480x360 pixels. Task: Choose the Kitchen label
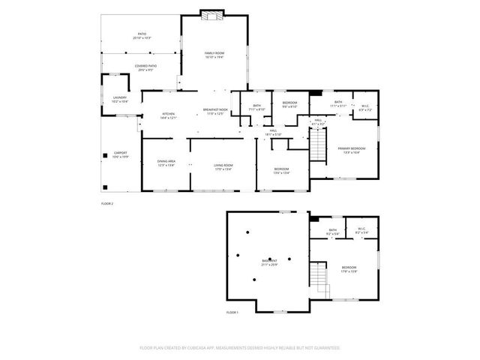click(x=169, y=115)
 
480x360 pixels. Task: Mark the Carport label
click(x=120, y=155)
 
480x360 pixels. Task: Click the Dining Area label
click(x=166, y=163)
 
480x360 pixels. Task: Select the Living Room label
click(x=223, y=166)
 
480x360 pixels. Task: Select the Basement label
click(x=268, y=262)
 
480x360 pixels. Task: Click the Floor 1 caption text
click(x=232, y=312)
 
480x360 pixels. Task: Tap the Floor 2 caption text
click(x=106, y=203)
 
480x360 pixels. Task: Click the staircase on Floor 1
click(x=322, y=277)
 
